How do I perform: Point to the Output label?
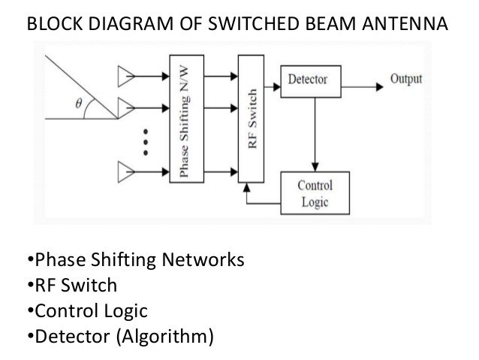point(406,79)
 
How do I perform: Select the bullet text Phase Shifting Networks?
point(137,262)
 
